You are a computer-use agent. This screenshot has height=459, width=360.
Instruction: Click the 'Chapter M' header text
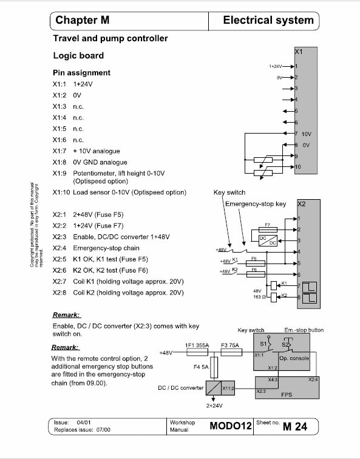pyautogui.click(x=82, y=20)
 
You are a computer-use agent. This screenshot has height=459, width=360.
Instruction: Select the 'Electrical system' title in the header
pyautogui.click(x=268, y=20)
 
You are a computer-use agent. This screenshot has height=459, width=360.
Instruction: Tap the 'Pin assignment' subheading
pyautogui.click(x=82, y=73)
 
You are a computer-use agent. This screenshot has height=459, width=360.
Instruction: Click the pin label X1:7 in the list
pyautogui.click(x=59, y=151)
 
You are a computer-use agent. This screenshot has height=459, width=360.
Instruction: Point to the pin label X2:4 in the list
pyautogui.click(x=59, y=248)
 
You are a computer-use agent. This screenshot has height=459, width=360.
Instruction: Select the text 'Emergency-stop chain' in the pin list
pyautogui.click(x=106, y=248)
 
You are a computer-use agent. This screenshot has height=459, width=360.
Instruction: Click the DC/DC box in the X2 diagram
pyautogui.click(x=268, y=240)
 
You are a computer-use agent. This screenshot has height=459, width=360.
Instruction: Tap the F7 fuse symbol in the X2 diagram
pyautogui.click(x=268, y=229)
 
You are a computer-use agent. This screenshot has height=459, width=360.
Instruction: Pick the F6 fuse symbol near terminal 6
pyautogui.click(x=256, y=274)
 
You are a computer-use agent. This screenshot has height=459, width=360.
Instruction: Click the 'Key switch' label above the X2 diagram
pyautogui.click(x=229, y=192)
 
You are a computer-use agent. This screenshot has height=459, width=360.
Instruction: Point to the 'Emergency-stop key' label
pyautogui.click(x=256, y=204)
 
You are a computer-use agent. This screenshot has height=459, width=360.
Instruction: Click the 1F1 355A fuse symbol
pyautogui.click(x=197, y=352)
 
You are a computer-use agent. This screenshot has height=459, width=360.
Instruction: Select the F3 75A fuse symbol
pyautogui.click(x=231, y=352)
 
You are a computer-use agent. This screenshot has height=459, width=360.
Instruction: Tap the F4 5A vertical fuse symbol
pyautogui.click(x=214, y=367)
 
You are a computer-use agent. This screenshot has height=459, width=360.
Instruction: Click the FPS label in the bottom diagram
pyautogui.click(x=287, y=395)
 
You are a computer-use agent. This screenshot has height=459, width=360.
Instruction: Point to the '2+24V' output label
pyautogui.click(x=214, y=406)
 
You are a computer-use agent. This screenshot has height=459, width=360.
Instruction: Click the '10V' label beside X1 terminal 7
pyautogui.click(x=307, y=134)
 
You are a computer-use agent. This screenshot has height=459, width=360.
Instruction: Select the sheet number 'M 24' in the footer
pyautogui.click(x=295, y=426)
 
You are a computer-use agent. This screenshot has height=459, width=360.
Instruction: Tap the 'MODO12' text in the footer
pyautogui.click(x=231, y=426)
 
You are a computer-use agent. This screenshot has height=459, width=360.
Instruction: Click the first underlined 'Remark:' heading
pyautogui.click(x=66, y=315)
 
